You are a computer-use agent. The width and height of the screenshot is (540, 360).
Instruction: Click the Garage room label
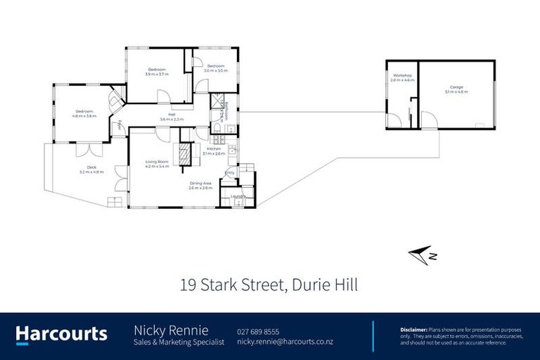click(457, 88)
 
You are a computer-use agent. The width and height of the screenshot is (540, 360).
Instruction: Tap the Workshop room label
click(402, 75)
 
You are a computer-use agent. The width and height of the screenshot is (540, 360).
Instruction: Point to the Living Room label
click(157, 162)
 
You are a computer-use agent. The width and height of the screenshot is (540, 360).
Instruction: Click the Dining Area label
click(202, 184)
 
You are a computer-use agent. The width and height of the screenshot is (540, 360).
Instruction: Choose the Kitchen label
click(214, 149)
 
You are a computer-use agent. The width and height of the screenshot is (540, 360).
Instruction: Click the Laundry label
click(228, 197)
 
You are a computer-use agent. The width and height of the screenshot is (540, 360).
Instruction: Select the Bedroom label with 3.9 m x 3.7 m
click(157, 70)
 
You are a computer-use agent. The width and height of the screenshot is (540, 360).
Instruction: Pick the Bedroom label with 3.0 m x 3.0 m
click(216, 67)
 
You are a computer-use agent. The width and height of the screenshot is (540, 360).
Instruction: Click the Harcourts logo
click(62, 334)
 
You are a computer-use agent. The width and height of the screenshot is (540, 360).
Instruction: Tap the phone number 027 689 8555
click(259, 331)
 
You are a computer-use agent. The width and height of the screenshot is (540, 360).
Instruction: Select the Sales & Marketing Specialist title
click(179, 342)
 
